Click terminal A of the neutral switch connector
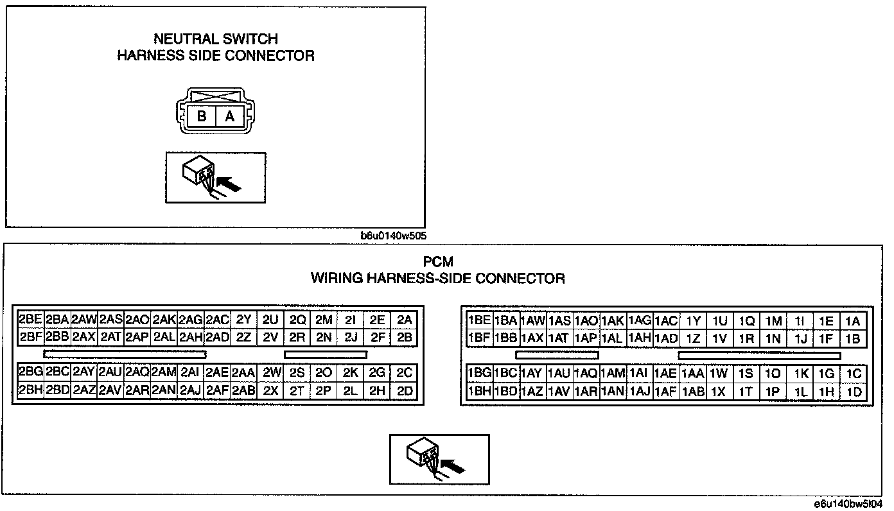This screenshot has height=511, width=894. click(x=229, y=117)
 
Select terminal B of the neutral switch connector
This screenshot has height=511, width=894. click(x=202, y=117)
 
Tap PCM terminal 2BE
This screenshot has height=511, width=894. click(x=30, y=320)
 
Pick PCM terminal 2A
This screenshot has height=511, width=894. click(x=404, y=320)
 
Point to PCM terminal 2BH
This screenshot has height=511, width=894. click(x=30, y=390)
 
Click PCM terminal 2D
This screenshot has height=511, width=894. click(x=404, y=390)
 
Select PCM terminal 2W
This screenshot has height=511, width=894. click(x=272, y=373)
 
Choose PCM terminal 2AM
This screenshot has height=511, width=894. click(x=164, y=373)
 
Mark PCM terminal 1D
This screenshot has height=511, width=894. click(x=854, y=392)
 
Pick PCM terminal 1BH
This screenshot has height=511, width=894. click(x=479, y=392)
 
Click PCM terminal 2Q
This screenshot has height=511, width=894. click(x=297, y=320)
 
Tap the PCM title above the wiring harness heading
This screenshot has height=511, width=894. click(x=438, y=262)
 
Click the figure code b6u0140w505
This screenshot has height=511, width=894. click(x=394, y=236)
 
